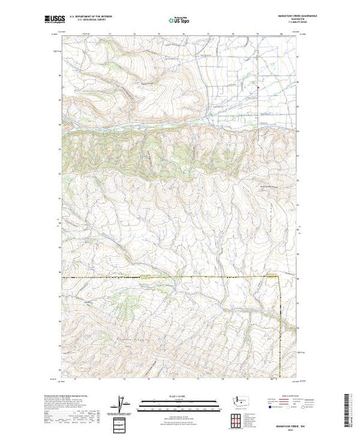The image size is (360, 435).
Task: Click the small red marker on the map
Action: click(x=258, y=87)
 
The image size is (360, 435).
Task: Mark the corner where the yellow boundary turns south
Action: click(x=281, y=278)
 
